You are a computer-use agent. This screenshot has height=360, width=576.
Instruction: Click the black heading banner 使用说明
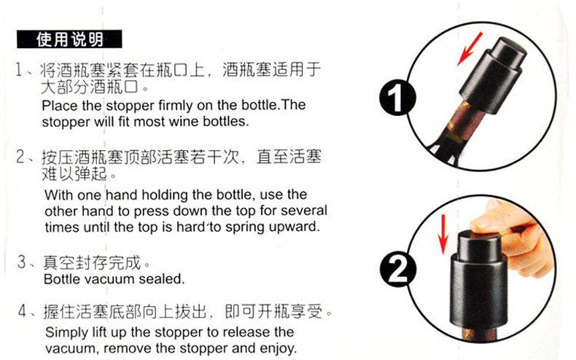(x=69, y=39)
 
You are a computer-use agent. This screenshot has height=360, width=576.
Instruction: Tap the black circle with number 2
(x=398, y=270)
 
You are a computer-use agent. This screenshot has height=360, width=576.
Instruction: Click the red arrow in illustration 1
(x=470, y=49)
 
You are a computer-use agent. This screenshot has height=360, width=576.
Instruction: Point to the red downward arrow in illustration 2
(x=443, y=235)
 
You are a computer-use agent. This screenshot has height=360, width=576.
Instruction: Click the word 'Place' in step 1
(x=60, y=106)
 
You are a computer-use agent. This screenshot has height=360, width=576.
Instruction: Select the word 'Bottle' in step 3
(x=63, y=279)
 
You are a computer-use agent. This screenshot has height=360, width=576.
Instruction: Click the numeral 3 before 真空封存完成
(x=22, y=262)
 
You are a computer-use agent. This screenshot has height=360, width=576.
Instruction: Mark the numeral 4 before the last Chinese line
(x=23, y=311)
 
